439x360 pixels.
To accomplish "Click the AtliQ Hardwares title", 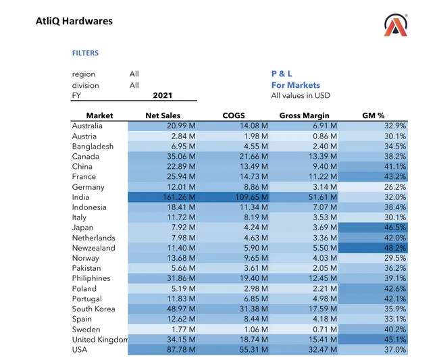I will [x=74, y=21].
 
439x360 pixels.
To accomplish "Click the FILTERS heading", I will [x=85, y=53].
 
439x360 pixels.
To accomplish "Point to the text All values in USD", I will [x=301, y=96].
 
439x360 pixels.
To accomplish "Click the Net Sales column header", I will [x=163, y=115].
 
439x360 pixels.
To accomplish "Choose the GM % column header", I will [x=373, y=115].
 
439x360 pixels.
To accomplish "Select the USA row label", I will [x=81, y=349].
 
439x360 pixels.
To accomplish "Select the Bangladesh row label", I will [x=93, y=146].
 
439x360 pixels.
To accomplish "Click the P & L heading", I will [x=282, y=74].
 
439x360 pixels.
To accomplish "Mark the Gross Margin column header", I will [x=303, y=115].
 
